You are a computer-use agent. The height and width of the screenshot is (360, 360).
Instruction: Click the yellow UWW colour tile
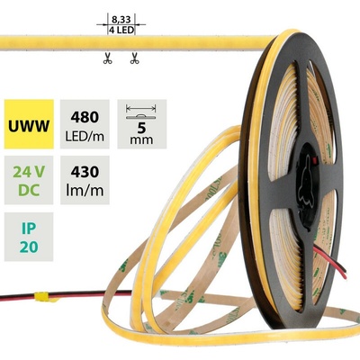[x=29, y=124]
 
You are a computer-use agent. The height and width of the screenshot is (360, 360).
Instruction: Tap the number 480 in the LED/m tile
[x=85, y=117]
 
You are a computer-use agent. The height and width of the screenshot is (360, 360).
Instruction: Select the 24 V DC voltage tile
[x=29, y=180]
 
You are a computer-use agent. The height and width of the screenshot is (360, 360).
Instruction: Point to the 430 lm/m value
[x=85, y=180]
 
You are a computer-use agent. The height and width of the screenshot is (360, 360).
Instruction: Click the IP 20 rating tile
[x=29, y=237]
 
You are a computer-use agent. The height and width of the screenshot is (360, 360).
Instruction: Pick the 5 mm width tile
[x=141, y=124]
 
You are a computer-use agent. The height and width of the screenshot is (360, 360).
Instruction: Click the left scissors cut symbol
[x=107, y=58]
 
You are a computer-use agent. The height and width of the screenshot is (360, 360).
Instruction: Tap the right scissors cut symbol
[x=134, y=58]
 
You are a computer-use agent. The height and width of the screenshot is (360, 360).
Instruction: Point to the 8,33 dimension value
[x=121, y=20]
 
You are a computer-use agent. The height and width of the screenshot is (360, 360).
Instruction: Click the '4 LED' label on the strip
[x=121, y=30]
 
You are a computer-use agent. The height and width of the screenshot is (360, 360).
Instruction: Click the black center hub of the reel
[x=306, y=181]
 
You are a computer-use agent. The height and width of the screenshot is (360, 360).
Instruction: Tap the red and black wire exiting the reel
[x=330, y=264]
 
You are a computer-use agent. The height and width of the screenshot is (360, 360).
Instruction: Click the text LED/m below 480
[x=85, y=136]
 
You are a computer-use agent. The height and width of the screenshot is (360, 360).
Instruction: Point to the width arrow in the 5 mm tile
[x=141, y=107]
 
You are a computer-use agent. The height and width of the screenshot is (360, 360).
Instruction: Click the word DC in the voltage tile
[x=29, y=190]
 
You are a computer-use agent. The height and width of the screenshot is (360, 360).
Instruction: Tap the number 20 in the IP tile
[x=29, y=247]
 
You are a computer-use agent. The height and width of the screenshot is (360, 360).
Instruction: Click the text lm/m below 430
[x=85, y=190]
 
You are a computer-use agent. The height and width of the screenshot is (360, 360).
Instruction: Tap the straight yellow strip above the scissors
[x=135, y=42]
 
